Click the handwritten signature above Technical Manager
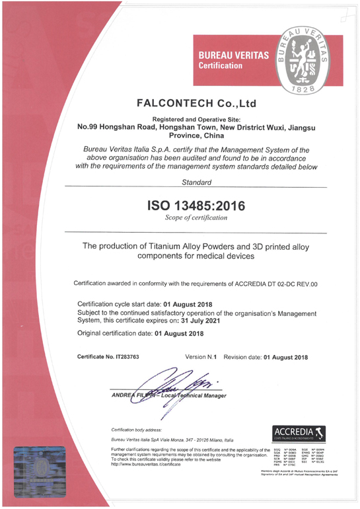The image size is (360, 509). pos(173,385)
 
